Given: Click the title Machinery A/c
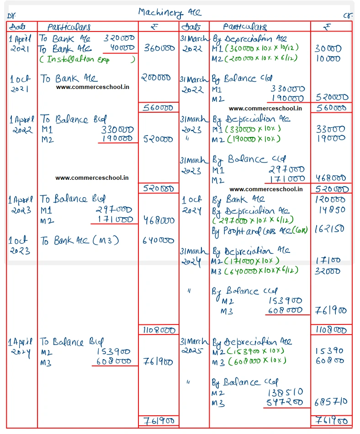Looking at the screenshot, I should point(169,12).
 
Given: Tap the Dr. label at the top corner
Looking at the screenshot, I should point(11,16).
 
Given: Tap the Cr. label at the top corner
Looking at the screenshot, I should point(348,16).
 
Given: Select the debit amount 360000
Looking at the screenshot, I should point(159,48).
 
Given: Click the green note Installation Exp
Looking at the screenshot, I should point(87,59).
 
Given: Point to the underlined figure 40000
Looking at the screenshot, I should point(122,48).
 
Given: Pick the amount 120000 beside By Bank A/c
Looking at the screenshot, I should point(330,199).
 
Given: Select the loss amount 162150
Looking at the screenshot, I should point(330,229).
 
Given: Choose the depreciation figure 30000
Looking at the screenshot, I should point(328,49).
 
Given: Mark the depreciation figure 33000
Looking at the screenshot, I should point(330,129).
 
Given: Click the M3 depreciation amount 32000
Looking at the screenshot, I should point(328,271).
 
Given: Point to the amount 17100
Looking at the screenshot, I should point(328,261).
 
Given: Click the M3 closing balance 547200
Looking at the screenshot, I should point(284,403).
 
